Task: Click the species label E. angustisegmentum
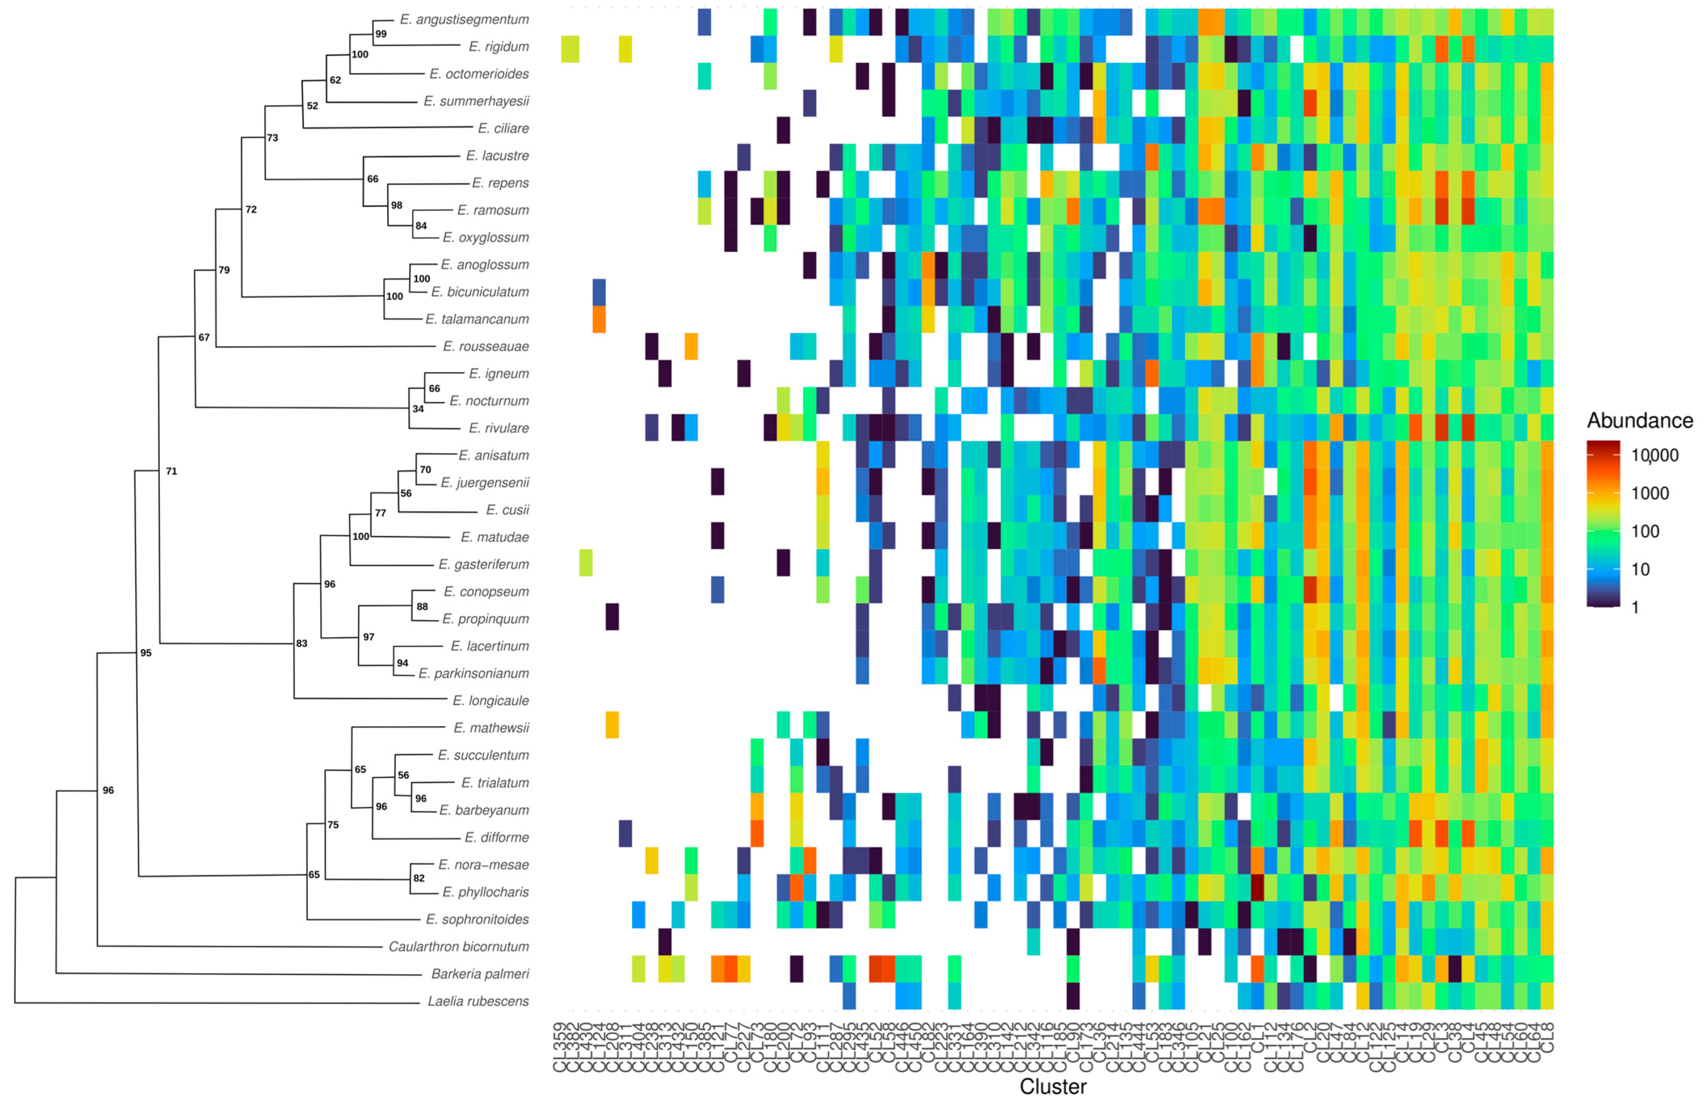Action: [x=464, y=19]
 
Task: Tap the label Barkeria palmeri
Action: [x=480, y=974]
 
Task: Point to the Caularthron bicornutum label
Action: [x=458, y=947]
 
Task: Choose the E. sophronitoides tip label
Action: [x=477, y=919]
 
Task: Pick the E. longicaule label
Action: [x=491, y=701]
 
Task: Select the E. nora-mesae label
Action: [x=484, y=865]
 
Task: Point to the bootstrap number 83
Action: [x=302, y=644]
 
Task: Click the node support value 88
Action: [x=423, y=607]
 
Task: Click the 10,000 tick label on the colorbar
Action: [x=1655, y=456]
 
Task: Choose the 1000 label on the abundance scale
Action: [x=1650, y=493]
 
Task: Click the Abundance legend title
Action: [x=1640, y=421]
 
